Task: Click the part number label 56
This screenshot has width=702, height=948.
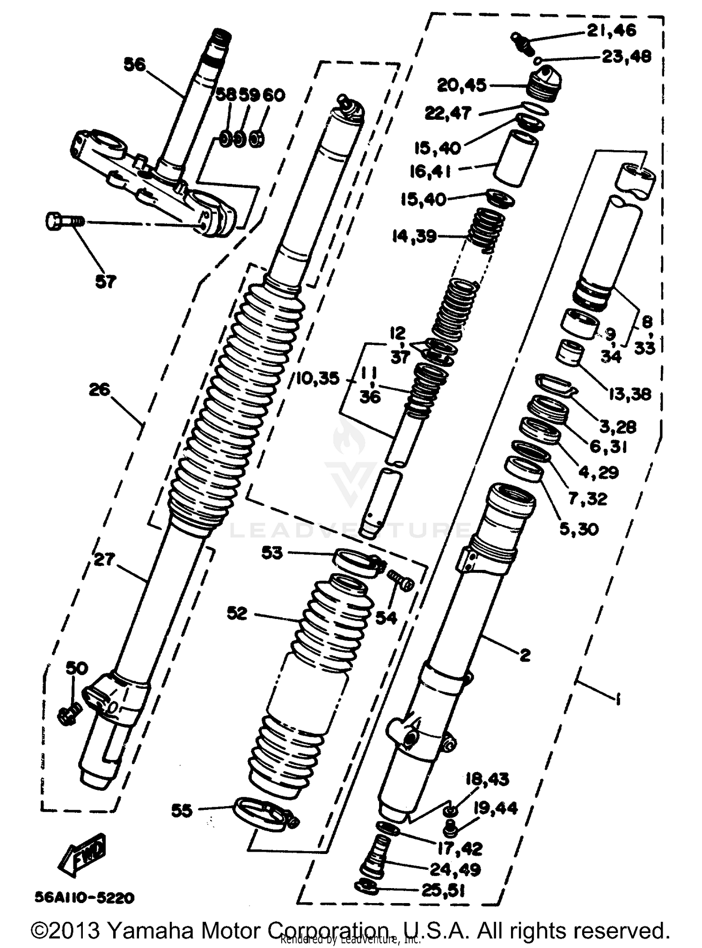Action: click(135, 64)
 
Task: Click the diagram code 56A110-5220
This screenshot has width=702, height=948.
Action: click(84, 897)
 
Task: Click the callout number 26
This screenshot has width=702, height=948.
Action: click(99, 389)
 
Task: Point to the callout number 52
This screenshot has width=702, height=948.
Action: click(237, 613)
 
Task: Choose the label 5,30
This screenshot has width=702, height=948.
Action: click(579, 529)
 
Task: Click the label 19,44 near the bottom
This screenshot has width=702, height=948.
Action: click(495, 808)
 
